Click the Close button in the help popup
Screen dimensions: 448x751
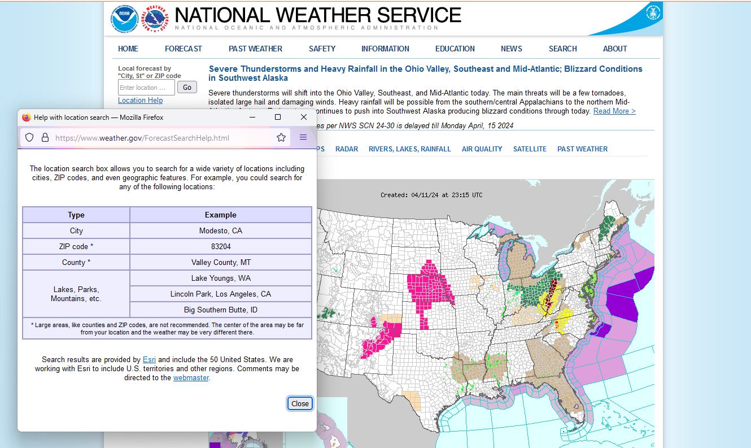click(x=300, y=403)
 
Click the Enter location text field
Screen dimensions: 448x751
click(x=146, y=88)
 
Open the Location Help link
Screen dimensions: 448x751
click(x=140, y=100)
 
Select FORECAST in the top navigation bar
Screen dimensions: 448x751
click(x=183, y=49)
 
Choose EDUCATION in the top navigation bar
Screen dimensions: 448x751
click(x=455, y=49)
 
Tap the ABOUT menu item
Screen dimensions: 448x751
click(x=615, y=49)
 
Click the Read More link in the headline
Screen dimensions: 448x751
click(x=614, y=111)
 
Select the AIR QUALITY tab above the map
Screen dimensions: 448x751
click(x=482, y=149)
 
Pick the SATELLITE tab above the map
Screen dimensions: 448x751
click(x=530, y=149)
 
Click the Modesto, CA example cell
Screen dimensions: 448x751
click(x=221, y=230)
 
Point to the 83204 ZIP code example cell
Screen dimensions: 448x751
click(x=221, y=246)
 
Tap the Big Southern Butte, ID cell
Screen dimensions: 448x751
click(x=221, y=310)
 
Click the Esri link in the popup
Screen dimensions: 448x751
click(x=149, y=359)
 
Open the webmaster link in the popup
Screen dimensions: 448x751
click(x=191, y=377)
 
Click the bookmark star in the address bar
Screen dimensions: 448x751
click(x=281, y=137)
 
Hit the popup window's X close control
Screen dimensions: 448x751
click(x=304, y=117)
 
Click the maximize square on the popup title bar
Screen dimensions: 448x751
click(x=278, y=117)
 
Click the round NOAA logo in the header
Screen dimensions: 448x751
click(x=124, y=19)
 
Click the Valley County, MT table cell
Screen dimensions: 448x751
click(x=221, y=262)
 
